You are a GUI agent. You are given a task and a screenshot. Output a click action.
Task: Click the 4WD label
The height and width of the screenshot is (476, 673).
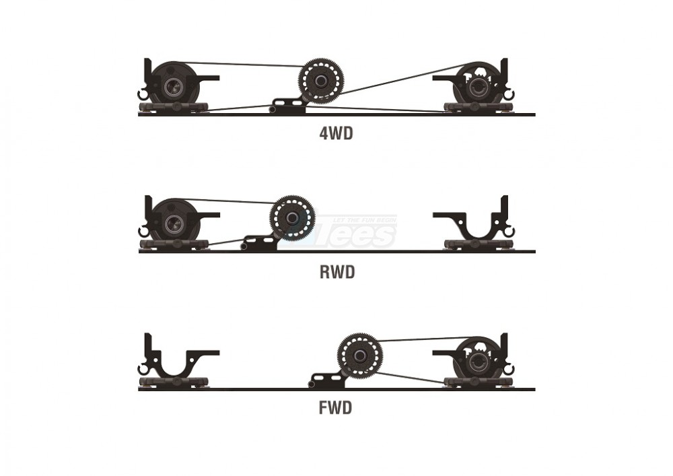tap(336, 133)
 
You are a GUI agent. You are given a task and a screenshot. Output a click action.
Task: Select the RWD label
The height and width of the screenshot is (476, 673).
tap(336, 272)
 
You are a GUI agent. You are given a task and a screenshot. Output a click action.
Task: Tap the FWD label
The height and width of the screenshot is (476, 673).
tap(336, 408)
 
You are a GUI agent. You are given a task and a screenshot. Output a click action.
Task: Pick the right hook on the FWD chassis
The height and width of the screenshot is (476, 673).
tap(509, 369)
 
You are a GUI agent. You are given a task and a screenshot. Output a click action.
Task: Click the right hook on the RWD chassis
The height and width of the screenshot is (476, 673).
tap(509, 232)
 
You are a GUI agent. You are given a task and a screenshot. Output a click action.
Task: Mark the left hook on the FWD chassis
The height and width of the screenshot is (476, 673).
tap(143, 369)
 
